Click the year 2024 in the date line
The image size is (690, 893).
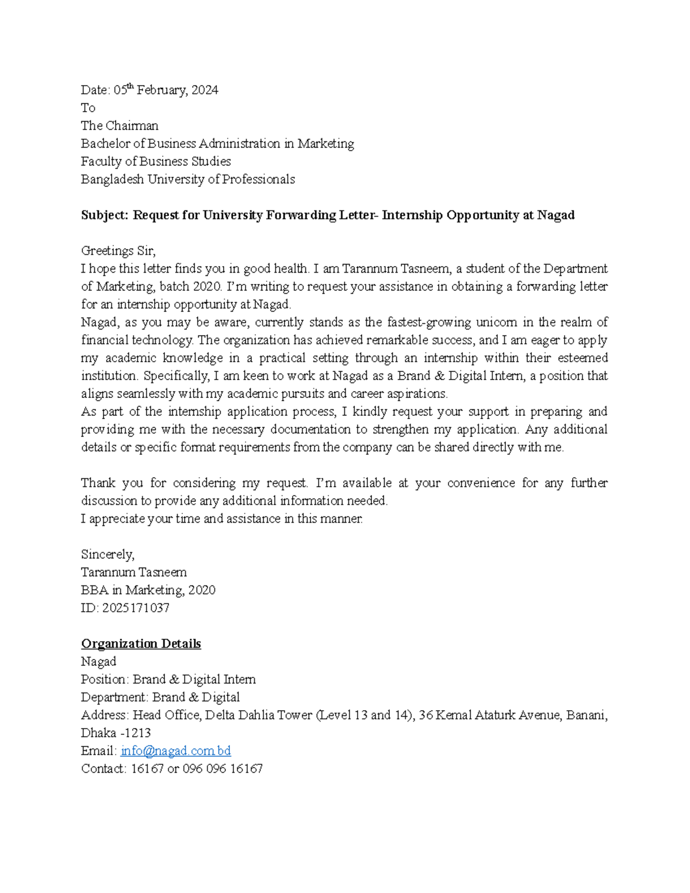(205, 90)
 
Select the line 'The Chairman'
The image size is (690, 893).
(120, 126)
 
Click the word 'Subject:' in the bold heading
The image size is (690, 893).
(105, 215)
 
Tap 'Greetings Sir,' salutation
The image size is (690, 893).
(118, 251)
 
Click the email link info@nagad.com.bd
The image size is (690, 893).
(175, 751)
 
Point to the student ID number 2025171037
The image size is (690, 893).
(136, 608)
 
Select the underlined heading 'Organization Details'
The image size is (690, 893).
(141, 643)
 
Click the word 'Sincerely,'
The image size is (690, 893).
(108, 555)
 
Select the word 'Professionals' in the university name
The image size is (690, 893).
(258, 179)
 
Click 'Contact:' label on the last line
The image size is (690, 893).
(103, 769)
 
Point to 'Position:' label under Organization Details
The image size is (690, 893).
(105, 680)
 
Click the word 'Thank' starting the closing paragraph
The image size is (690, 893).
(98, 483)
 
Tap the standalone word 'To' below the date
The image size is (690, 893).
(88, 108)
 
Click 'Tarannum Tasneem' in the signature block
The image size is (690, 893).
(133, 573)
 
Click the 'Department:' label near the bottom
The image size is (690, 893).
(114, 697)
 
